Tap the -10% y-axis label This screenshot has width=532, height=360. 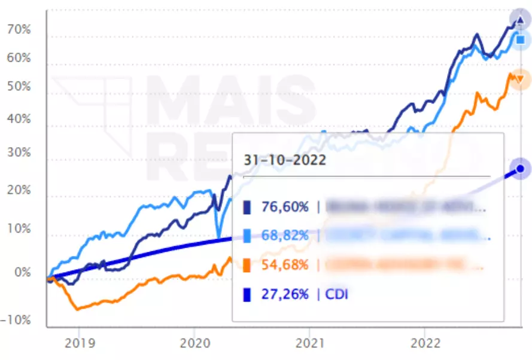click(16, 320)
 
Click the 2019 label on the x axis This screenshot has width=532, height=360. click(78, 343)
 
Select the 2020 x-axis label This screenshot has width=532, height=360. click(194, 343)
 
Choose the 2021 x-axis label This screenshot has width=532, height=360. click(309, 343)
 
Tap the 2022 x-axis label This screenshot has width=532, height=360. click(424, 343)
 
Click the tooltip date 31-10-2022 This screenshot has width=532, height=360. click(284, 160)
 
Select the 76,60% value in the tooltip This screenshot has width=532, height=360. click(285, 208)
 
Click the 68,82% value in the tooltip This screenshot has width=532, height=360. click(285, 236)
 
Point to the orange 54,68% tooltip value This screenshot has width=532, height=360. click(285, 264)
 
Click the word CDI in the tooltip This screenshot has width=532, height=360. click(336, 294)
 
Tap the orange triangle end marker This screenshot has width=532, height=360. click(519, 79)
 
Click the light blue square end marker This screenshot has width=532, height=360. click(520, 40)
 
